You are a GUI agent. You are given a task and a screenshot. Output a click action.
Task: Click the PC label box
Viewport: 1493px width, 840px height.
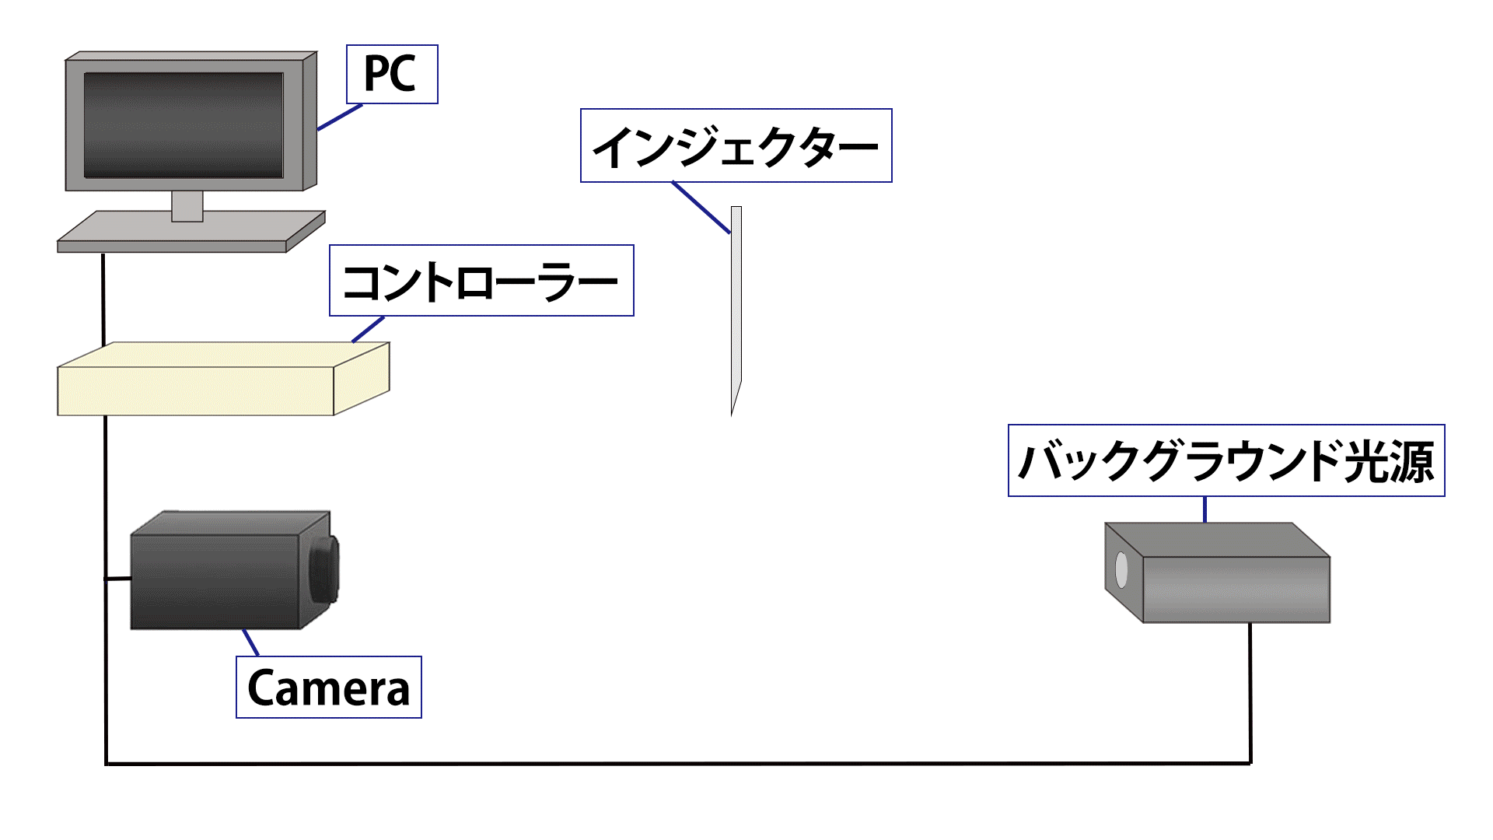392,74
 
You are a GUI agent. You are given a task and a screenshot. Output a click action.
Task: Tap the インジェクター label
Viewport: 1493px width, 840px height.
736,145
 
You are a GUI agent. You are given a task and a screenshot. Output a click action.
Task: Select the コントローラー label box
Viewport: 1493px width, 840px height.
481,281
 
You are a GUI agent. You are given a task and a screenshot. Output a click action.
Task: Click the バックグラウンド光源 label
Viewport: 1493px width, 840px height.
1226,460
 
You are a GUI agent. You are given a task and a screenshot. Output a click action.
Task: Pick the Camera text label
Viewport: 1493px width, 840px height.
329,688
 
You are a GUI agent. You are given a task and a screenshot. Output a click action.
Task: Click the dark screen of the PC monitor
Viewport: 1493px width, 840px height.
184,125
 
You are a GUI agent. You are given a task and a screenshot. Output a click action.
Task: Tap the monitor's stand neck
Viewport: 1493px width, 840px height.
187,206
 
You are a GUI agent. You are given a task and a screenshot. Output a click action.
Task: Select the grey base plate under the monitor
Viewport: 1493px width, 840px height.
191,232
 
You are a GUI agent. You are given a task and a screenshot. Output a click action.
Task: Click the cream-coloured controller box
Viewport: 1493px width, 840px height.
223,379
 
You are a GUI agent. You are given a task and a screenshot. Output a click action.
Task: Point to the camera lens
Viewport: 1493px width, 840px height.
323,568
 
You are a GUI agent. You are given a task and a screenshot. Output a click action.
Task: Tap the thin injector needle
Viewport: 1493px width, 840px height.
736,310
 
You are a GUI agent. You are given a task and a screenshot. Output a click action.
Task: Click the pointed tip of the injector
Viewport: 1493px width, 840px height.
732,415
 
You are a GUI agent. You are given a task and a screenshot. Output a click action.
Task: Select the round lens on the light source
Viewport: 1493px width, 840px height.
1121,570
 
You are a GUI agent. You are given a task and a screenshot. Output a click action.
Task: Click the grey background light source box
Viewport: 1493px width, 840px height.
1218,572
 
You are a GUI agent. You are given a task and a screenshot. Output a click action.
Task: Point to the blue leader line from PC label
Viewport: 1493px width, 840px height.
340,117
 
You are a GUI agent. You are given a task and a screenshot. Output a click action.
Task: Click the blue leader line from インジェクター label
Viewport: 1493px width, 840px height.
701,208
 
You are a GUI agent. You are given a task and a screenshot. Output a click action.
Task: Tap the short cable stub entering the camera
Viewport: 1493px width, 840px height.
117,579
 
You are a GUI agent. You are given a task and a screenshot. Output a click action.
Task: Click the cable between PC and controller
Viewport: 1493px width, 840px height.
103,299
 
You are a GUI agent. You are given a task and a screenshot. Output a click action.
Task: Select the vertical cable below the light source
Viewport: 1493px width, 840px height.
1250,693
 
